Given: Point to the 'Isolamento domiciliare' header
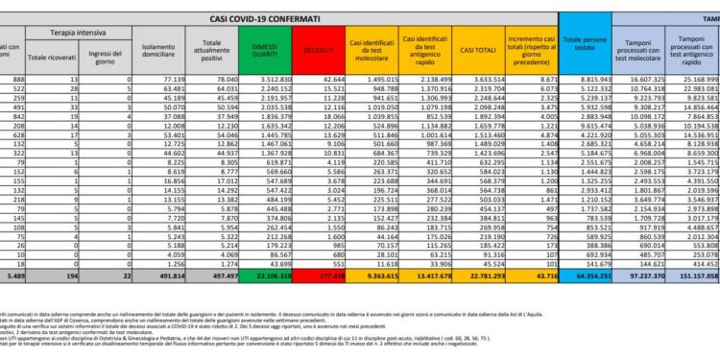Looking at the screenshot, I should click(157, 49).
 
